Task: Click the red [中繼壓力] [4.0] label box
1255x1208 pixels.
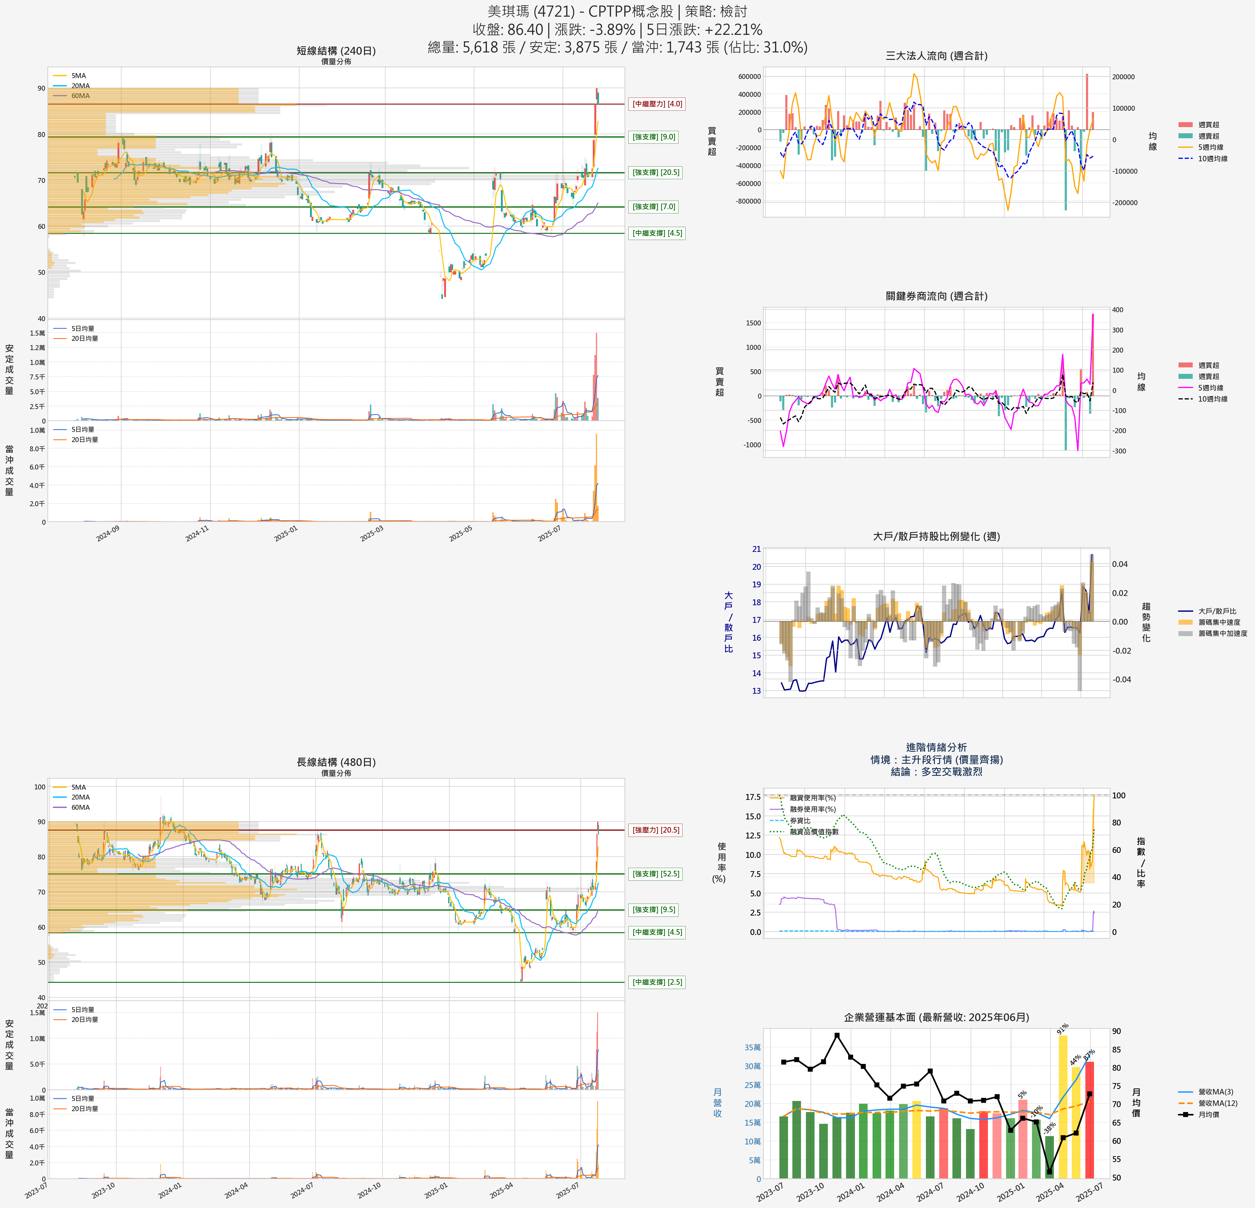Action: tap(657, 104)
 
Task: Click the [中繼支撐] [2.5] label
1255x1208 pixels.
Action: tap(657, 982)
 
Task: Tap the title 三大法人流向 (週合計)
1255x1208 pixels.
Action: tap(936, 56)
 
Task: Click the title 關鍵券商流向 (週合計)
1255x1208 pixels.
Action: tap(936, 296)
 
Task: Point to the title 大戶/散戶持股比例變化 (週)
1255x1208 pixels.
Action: tap(936, 536)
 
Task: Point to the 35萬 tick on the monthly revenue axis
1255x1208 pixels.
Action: tap(752, 1047)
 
